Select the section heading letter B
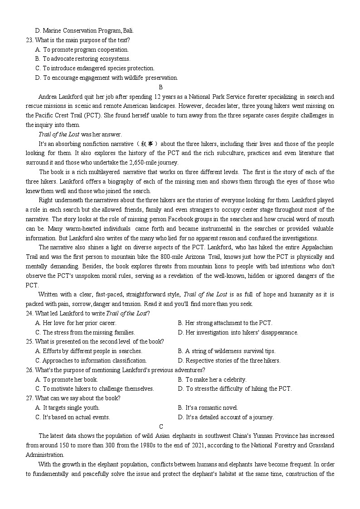point(161,87)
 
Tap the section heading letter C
point(161,427)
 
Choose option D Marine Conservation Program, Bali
point(84,30)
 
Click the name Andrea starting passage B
point(49,97)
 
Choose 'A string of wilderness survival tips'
point(226,351)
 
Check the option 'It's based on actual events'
point(73,417)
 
